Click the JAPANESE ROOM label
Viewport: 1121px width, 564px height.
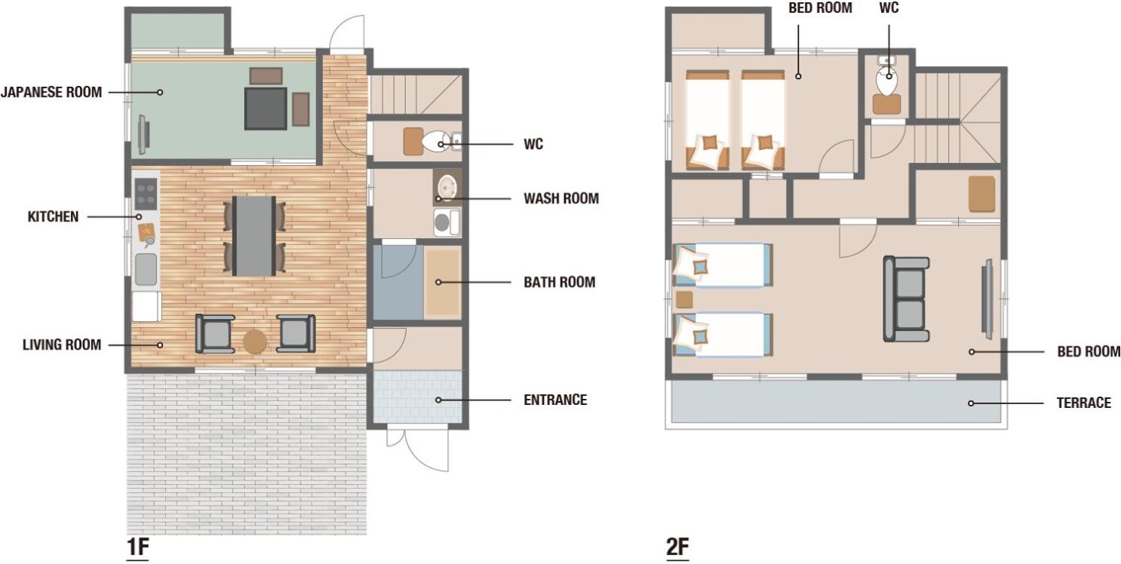pos(51,92)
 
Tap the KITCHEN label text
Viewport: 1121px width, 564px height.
pos(53,216)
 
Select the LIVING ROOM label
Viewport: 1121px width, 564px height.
pos(62,345)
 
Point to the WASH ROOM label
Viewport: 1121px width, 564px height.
pos(561,198)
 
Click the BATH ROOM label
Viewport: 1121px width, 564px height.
pos(560,282)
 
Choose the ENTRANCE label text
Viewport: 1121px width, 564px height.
pos(555,400)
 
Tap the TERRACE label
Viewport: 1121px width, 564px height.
pos(1083,403)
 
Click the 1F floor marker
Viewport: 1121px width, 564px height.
pos(138,547)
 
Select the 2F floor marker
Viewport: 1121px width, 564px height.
pos(677,547)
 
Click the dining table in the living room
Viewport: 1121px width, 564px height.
pos(253,236)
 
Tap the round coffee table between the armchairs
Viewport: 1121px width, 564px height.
pos(255,342)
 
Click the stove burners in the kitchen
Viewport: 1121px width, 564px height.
pos(146,194)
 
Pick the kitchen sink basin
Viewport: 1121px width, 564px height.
pos(146,269)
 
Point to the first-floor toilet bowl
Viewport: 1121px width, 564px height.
pos(435,142)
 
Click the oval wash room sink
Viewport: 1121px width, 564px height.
pos(447,188)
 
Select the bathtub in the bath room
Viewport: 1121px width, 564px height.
pos(442,283)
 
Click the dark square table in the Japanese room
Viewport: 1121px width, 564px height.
pos(266,109)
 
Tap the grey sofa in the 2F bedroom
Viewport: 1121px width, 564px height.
pos(906,299)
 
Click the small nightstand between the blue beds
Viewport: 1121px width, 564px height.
pos(684,300)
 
